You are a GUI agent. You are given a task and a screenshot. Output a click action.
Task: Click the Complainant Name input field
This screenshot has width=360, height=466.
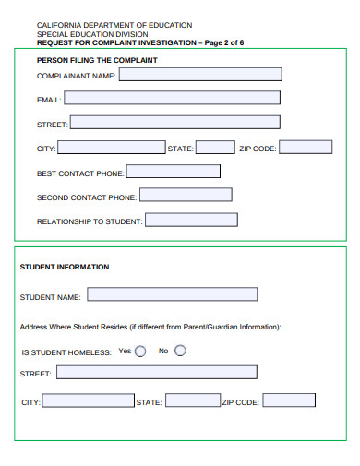pos(199,76)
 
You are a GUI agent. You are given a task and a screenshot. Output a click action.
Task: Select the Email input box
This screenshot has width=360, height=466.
pos(172,98)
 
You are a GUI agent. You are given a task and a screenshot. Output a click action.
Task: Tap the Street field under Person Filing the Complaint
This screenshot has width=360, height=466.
pos(174,122)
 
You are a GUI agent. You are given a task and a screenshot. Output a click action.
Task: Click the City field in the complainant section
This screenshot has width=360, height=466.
pos(111,148)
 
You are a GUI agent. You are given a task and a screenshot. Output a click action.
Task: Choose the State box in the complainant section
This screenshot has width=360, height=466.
pos(215,148)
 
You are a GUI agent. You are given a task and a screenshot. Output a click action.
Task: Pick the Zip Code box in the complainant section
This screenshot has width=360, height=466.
pos(306,147)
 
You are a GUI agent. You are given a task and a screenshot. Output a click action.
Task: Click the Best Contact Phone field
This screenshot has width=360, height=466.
pos(174,172)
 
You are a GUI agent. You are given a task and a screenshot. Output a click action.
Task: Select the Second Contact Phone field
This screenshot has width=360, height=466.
pos(186,196)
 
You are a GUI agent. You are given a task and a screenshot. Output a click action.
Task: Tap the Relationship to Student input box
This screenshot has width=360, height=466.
pos(191,221)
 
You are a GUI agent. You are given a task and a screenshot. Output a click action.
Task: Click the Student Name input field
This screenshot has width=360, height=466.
pos(171,295)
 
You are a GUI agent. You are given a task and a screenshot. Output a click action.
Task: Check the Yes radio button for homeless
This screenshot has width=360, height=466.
pos(140,351)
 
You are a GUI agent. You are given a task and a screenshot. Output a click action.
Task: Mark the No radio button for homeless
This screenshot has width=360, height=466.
pos(180,351)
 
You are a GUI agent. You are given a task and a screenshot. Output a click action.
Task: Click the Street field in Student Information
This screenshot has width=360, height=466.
pos(156,373)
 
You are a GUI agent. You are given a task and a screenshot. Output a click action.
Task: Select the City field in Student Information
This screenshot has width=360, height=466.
pos(88,401)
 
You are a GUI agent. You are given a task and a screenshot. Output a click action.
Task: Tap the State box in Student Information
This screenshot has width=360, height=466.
pos(192,401)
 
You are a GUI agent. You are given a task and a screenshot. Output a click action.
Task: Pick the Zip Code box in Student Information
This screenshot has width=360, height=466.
pos(288,400)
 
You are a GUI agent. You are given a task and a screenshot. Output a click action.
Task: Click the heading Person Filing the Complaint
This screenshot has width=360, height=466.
pos(97,60)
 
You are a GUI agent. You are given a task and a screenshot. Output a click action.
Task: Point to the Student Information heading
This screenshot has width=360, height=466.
pos(65,267)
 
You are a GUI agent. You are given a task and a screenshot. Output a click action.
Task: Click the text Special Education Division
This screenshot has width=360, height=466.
pos(92,34)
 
